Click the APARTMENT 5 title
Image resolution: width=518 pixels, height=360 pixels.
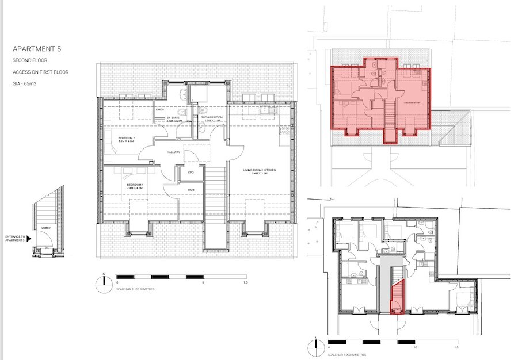coord(37,49)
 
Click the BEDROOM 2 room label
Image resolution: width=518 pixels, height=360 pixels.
coord(127,139)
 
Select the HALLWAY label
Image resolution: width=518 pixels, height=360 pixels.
coord(173,152)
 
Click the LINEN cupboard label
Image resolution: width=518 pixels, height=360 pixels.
coord(162,109)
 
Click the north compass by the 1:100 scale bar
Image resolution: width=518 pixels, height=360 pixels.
coord(102,281)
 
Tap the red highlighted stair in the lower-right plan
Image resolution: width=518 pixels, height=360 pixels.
coord(395,299)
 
